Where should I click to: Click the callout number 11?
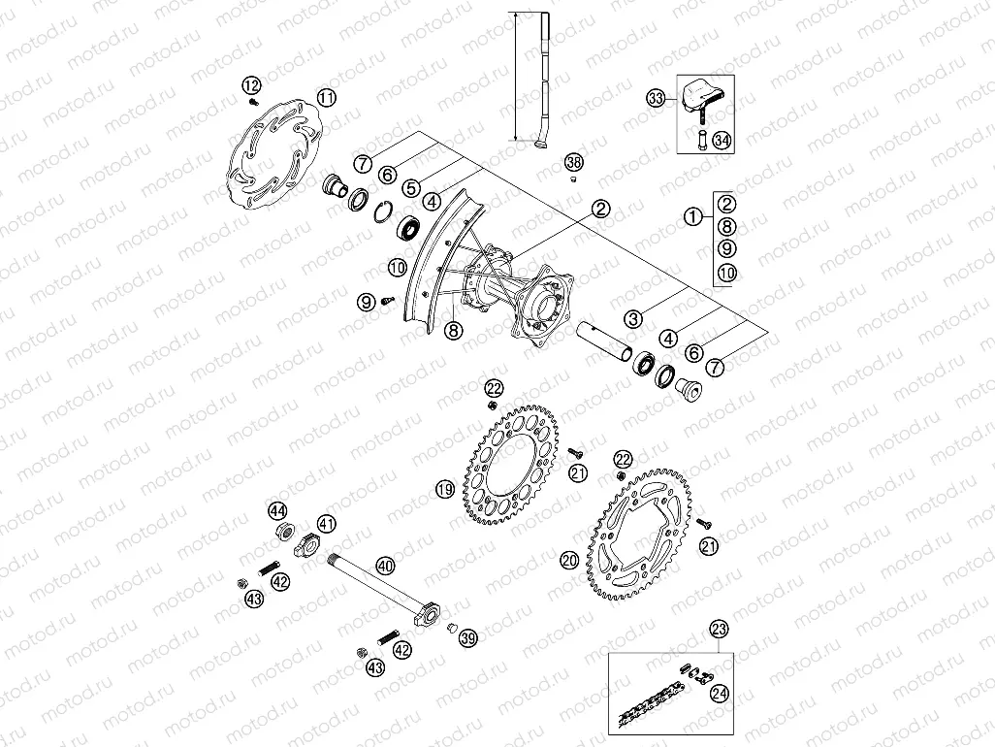click(x=327, y=97)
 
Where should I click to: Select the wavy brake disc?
click(x=274, y=155)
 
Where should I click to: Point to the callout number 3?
click(x=633, y=317)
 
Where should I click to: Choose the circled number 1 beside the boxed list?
click(x=692, y=218)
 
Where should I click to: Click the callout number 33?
click(x=657, y=98)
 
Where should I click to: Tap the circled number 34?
click(x=721, y=140)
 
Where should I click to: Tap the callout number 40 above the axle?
click(x=385, y=566)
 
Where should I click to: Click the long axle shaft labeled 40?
click(x=378, y=586)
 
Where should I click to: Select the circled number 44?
click(x=278, y=511)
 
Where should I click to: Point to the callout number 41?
click(x=327, y=524)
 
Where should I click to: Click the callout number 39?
click(x=468, y=637)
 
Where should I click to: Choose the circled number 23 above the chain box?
click(x=718, y=628)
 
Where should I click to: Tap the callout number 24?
click(x=719, y=693)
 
